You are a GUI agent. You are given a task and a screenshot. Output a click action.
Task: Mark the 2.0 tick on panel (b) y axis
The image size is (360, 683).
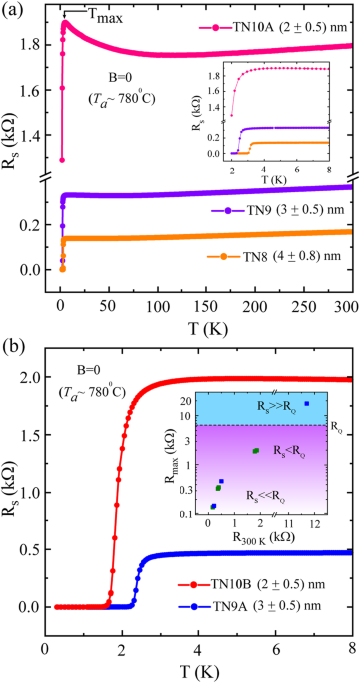click(30, 379)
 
